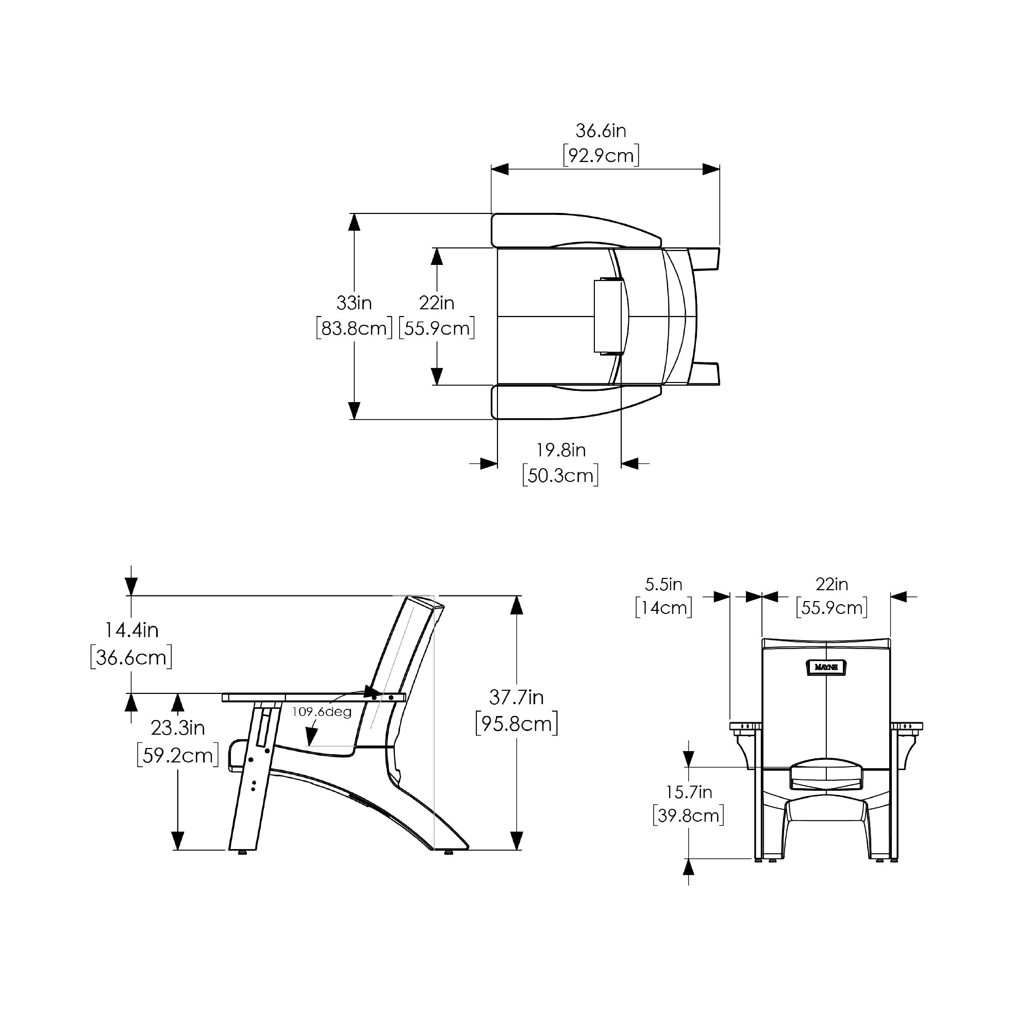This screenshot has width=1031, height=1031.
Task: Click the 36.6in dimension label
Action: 601,131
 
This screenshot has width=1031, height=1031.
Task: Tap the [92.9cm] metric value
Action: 601,156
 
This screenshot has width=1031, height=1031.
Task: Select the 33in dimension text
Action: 354,303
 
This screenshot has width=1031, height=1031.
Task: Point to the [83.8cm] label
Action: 354,328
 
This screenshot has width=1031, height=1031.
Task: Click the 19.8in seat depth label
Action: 561,451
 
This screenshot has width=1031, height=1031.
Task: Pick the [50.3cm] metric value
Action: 560,475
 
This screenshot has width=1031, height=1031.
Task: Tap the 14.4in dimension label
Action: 131,630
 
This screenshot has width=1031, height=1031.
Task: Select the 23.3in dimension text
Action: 178,728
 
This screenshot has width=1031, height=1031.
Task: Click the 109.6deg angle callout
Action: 322,712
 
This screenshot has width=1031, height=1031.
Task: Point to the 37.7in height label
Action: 517,697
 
